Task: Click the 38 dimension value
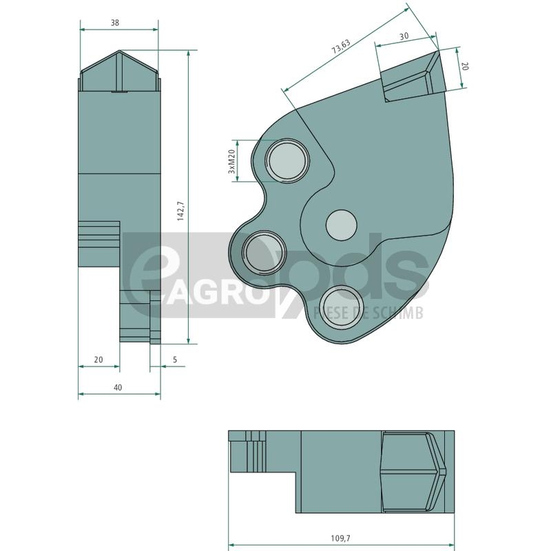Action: click(115, 23)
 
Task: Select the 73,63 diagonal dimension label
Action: click(341, 46)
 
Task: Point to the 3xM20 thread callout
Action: click(231, 161)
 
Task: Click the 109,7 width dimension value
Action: click(340, 538)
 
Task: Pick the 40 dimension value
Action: click(118, 387)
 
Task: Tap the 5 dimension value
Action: click(175, 360)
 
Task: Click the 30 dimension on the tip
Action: click(404, 36)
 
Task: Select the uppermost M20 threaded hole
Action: click(287, 160)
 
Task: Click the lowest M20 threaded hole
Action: click(342, 306)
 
